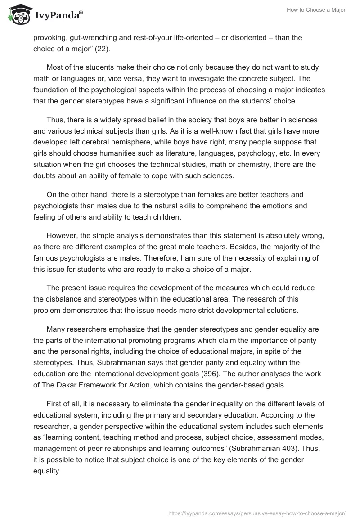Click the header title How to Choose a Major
coord(316,10)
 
